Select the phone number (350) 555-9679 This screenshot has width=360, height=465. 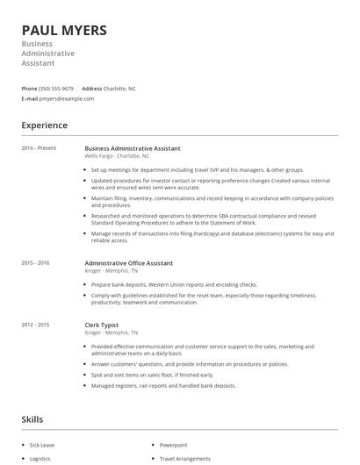pyautogui.click(x=56, y=89)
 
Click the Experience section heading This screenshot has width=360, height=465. pyautogui.click(x=44, y=126)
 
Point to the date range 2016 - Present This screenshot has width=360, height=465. pyautogui.click(x=39, y=148)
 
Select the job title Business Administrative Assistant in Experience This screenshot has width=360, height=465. pyautogui.click(x=132, y=148)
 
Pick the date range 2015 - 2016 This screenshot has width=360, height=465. pyautogui.click(x=35, y=263)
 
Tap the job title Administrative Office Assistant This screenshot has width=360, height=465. pyautogui.click(x=128, y=263)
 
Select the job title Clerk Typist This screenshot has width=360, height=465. pyautogui.click(x=102, y=325)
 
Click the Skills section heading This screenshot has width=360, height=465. pyautogui.click(x=32, y=421)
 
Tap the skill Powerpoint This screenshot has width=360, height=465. pyautogui.click(x=173, y=445)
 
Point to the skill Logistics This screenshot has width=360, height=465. pyautogui.click(x=40, y=458)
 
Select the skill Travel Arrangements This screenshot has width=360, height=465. pyautogui.click(x=184, y=458)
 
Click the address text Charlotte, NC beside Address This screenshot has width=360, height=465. pyautogui.click(x=119, y=89)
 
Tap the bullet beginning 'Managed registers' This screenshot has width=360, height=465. pyautogui.click(x=163, y=386)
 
